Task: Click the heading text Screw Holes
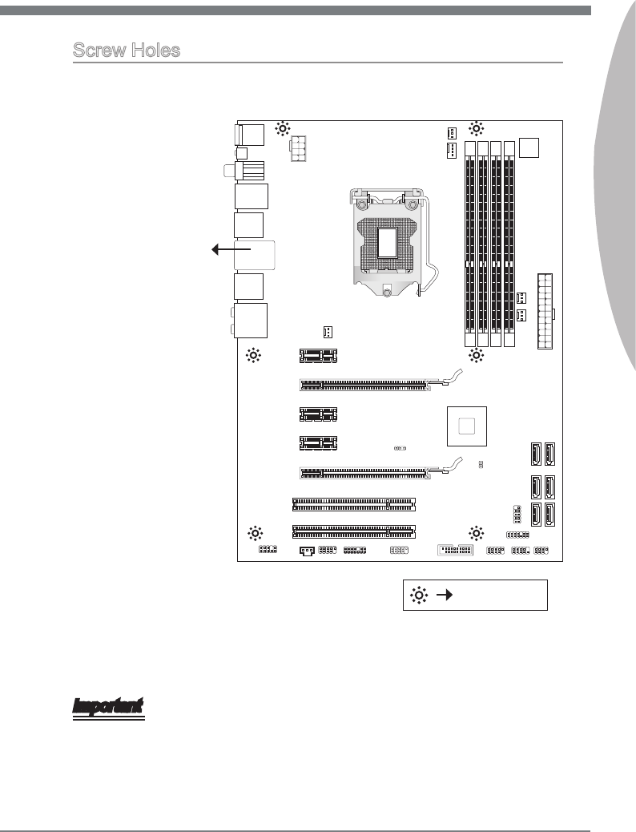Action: [126, 50]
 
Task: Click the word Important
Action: [108, 707]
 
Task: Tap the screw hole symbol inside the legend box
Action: [418, 595]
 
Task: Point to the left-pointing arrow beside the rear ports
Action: [227, 249]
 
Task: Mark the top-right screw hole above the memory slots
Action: [476, 127]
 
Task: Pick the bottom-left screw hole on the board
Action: [255, 532]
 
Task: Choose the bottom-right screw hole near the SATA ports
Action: [476, 532]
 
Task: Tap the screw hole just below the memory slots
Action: [476, 355]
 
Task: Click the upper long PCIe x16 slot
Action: [365, 384]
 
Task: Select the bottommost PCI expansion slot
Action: [354, 530]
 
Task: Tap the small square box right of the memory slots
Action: [529, 148]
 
